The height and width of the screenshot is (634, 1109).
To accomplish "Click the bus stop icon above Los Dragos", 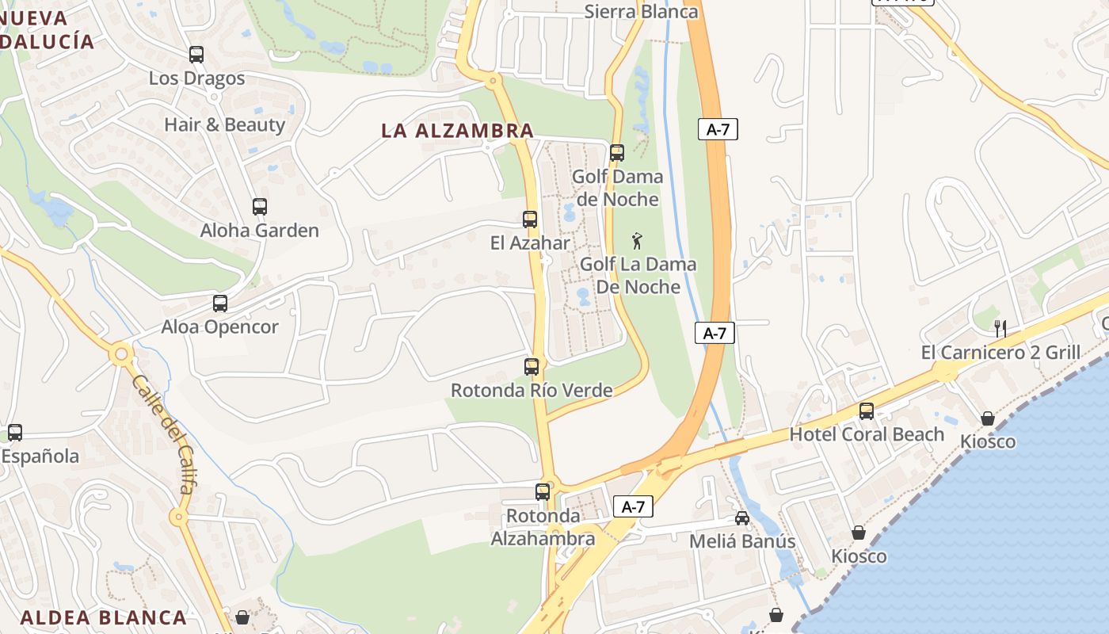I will pos(196,55).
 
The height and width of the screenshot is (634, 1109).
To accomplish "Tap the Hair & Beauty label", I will pos(224,124).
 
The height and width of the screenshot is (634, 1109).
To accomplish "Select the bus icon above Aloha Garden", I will pos(260,207).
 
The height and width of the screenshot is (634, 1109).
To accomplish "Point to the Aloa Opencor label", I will pos(219,327).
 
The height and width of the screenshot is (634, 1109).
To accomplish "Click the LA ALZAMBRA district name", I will pos(457,131).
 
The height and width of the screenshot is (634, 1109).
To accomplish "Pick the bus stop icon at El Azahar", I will pos(530,220).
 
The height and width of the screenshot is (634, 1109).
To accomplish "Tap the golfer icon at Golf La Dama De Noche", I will pos(637,240).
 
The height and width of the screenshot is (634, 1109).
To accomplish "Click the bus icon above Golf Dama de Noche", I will pos(617,152).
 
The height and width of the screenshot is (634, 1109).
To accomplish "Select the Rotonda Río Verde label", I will pos(531,390).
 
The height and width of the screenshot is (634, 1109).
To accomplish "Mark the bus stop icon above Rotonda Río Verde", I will pos(532,367).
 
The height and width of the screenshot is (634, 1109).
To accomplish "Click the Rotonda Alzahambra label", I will pos(543,527).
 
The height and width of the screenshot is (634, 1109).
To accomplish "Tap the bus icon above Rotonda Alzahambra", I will pos(543,491).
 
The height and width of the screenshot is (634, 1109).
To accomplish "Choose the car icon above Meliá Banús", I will pos(742,518).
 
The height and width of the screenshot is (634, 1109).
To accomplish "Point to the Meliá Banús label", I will pos(742,541).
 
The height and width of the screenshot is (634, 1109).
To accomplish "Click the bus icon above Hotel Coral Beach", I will pos(867,411).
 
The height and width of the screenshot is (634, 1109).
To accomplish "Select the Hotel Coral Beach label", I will pos(867,434).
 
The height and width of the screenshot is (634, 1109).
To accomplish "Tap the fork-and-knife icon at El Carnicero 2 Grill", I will pos(1000,328).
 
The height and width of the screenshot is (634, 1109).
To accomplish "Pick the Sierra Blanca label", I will pos(641,11).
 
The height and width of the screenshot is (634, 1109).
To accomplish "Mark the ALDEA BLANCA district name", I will pos(104,617).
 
